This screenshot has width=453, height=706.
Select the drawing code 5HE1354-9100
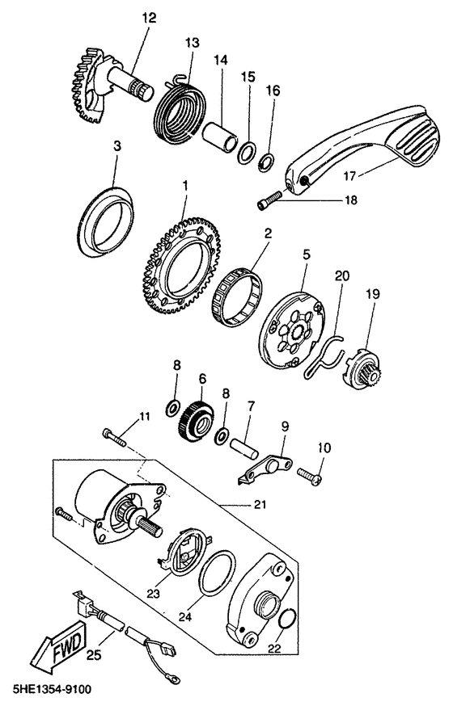tap(46, 689)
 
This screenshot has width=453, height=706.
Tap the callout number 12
tap(149, 18)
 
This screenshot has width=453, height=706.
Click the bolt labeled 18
tap(269, 200)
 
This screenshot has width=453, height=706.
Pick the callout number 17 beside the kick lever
tap(349, 176)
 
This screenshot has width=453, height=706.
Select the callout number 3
tap(116, 146)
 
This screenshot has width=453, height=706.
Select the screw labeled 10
tap(309, 476)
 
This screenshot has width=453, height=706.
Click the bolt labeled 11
tap(114, 437)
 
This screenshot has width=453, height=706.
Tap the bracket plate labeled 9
tap(265, 469)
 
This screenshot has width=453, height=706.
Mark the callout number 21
tap(260, 504)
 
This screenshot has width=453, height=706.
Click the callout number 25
tap(94, 654)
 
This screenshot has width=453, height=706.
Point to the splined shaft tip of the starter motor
tap(150, 527)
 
